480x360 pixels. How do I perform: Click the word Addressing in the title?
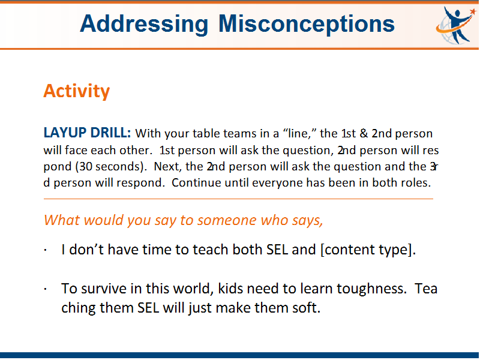(144, 25)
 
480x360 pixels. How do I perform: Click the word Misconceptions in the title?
(307, 25)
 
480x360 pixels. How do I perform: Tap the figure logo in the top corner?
(456, 25)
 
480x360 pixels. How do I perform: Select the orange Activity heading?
(77, 91)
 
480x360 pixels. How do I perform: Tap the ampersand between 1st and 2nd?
(364, 133)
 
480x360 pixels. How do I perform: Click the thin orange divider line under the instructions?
(238, 199)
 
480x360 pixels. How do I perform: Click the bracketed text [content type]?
(368, 250)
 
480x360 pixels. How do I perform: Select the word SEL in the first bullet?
(277, 250)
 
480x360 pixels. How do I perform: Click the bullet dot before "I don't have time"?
(46, 250)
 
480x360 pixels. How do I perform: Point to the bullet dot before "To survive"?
(46, 289)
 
